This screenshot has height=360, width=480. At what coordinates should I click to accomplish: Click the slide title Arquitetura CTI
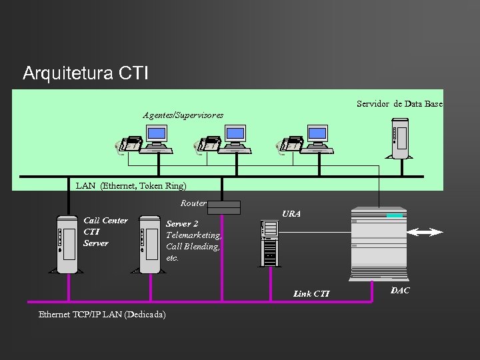click(x=85, y=73)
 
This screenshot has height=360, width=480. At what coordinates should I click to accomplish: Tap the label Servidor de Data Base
click(x=399, y=104)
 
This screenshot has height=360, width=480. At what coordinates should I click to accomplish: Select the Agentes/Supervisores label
click(x=183, y=115)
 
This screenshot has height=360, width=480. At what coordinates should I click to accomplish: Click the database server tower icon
click(x=400, y=138)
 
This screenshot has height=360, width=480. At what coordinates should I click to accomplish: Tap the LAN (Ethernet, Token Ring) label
click(x=131, y=185)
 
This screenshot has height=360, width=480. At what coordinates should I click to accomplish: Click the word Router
click(x=193, y=203)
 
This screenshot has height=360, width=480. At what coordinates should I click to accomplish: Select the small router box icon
click(x=223, y=208)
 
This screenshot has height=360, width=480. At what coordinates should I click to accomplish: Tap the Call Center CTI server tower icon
click(x=68, y=243)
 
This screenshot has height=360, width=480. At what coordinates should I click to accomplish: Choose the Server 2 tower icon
click(x=149, y=243)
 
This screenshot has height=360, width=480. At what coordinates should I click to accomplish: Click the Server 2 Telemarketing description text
click(x=193, y=241)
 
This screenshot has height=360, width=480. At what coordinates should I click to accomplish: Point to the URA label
click(x=291, y=214)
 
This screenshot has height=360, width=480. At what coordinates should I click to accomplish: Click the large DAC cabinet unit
click(x=378, y=243)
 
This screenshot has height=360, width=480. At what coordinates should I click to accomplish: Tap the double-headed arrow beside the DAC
click(x=425, y=232)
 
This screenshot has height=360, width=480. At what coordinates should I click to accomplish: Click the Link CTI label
click(x=311, y=294)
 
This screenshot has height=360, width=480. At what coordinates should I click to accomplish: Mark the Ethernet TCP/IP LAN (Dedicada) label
click(x=102, y=314)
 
